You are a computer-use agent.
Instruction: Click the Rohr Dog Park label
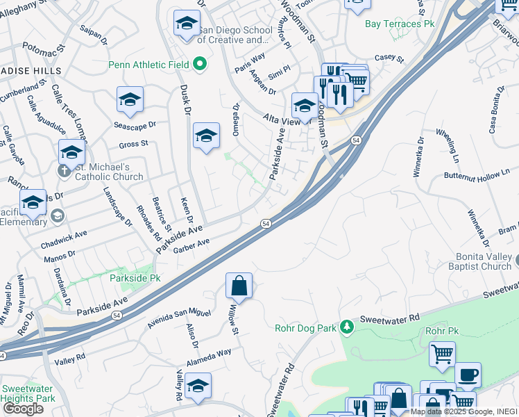point(306,327)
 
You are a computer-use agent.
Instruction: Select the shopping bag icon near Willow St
point(239,286)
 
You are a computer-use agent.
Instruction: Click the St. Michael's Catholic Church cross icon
point(64,168)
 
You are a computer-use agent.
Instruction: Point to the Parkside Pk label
point(135,278)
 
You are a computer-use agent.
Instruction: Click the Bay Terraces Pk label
point(400,24)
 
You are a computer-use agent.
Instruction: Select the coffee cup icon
point(468,375)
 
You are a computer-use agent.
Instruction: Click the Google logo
point(23,408)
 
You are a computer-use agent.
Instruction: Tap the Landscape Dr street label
point(117,206)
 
